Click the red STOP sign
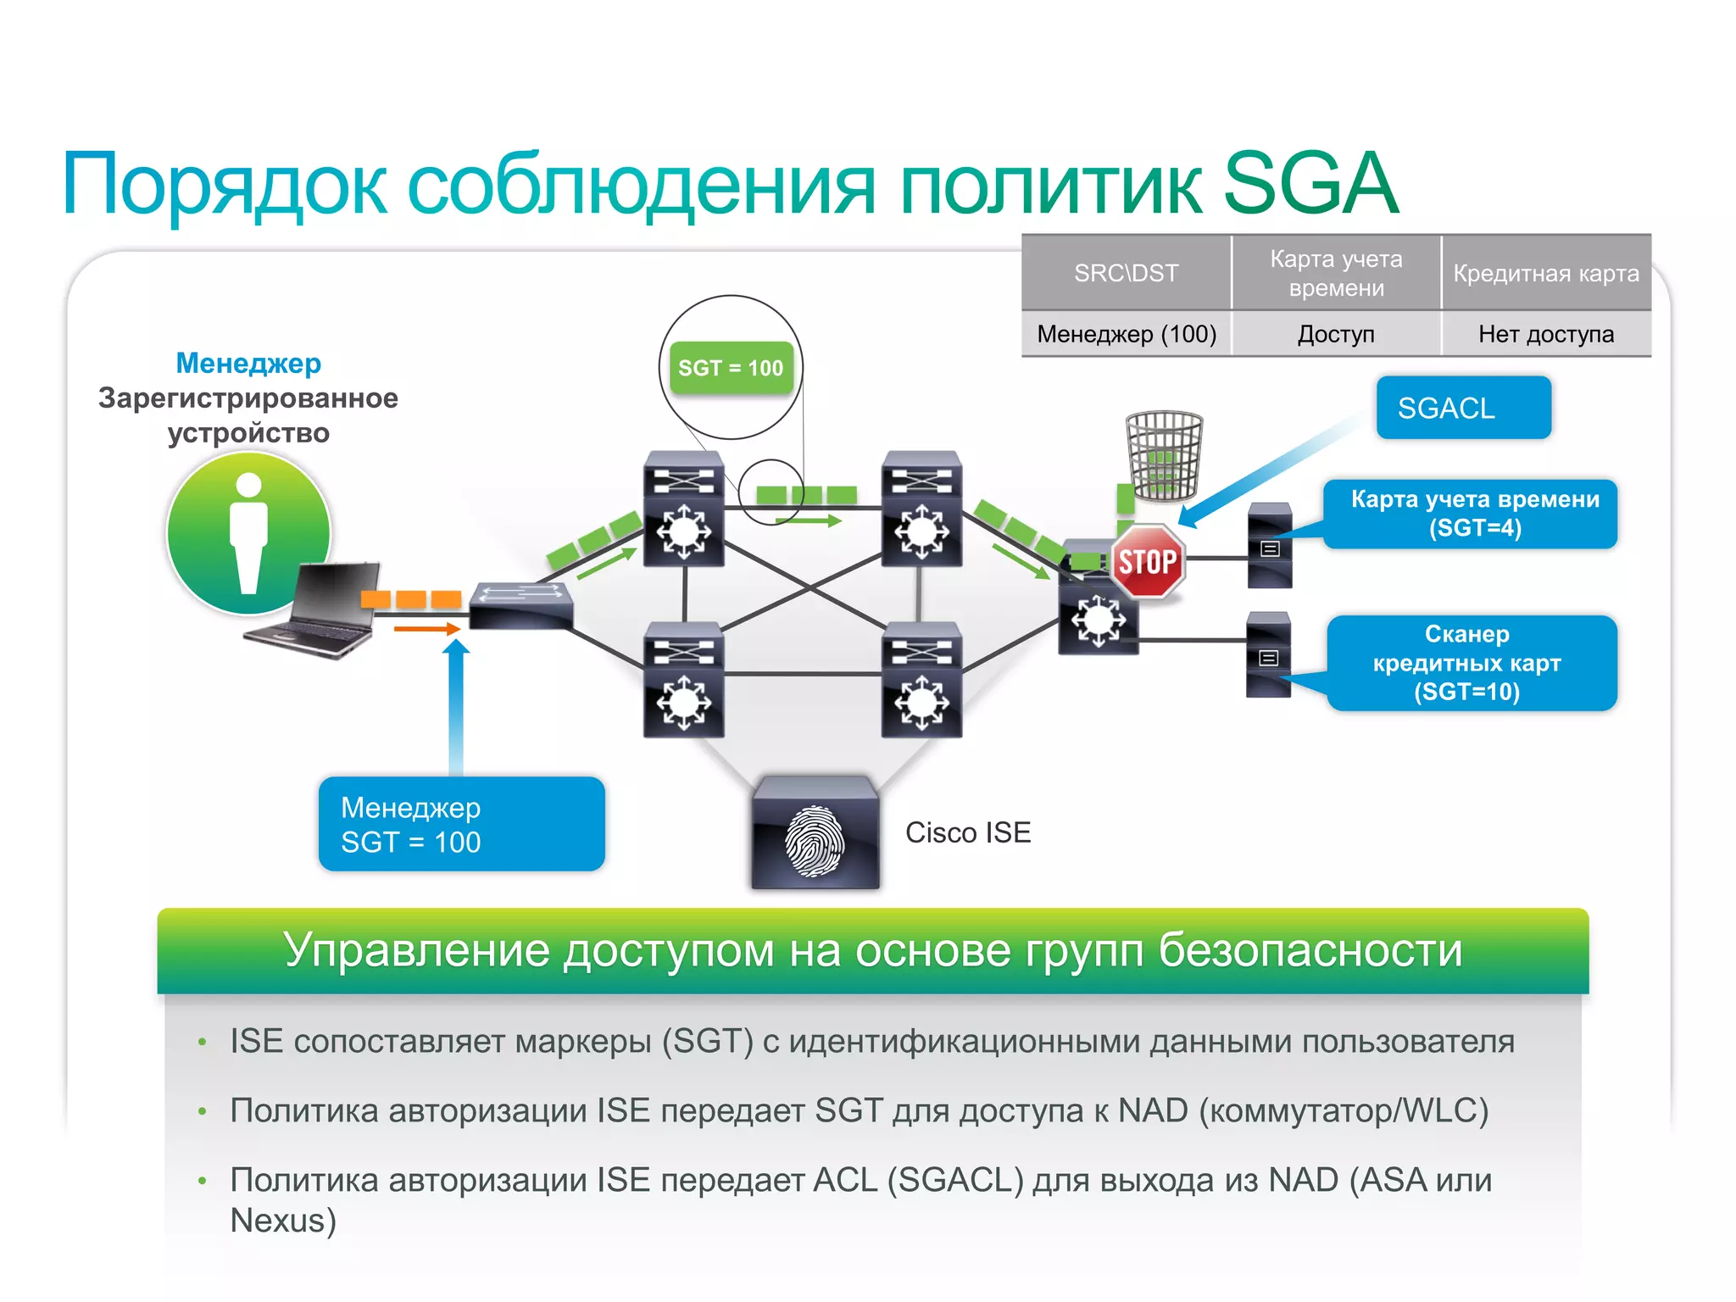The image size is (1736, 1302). click(1147, 561)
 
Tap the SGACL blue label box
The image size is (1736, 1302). click(1463, 408)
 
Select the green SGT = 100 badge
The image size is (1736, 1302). click(731, 368)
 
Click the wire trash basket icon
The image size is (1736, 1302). click(1163, 455)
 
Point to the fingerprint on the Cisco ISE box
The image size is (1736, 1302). click(814, 841)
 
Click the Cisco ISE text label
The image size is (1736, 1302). click(967, 832)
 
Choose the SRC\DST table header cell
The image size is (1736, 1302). click(1126, 273)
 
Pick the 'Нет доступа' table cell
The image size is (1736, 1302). click(1545, 334)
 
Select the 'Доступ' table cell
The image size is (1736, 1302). click(1335, 334)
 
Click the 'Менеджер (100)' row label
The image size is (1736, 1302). click(1126, 334)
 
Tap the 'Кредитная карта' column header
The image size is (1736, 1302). click(1545, 273)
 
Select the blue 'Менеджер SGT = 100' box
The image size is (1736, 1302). click(461, 824)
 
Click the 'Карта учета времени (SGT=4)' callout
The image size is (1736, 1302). click(1473, 514)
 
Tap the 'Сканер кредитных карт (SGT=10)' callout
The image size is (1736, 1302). click(1472, 663)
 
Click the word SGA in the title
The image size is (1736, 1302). click(1310, 184)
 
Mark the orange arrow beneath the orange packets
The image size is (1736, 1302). click(426, 629)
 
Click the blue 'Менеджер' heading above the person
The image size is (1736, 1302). click(248, 363)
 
